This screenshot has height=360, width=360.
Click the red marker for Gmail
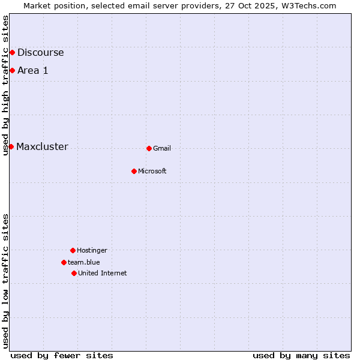(x=149, y=148)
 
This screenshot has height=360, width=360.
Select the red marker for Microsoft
(x=134, y=171)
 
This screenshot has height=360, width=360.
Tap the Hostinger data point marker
(x=73, y=250)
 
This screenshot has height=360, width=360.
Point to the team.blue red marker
(x=64, y=262)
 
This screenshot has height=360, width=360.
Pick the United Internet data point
(x=74, y=273)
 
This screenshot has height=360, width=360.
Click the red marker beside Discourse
(x=12, y=53)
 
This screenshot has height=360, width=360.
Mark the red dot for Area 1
(x=12, y=71)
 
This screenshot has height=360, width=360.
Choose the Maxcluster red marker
(x=11, y=146)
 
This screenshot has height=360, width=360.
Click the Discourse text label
(x=40, y=53)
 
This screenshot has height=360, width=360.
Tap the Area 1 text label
(x=32, y=71)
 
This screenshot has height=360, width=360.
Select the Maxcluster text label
(x=42, y=147)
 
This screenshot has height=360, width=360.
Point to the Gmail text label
(x=162, y=149)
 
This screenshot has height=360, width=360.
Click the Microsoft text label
(x=152, y=172)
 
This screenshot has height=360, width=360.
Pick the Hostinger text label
(x=92, y=251)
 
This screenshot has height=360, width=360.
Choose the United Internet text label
(x=102, y=274)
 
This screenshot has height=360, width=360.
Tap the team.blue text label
(x=83, y=263)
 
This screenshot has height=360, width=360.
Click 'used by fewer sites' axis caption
(x=62, y=355)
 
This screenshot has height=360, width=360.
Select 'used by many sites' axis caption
(x=301, y=355)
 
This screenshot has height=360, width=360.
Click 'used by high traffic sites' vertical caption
(x=5, y=85)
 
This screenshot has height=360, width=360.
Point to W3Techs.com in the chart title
(x=308, y=5)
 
